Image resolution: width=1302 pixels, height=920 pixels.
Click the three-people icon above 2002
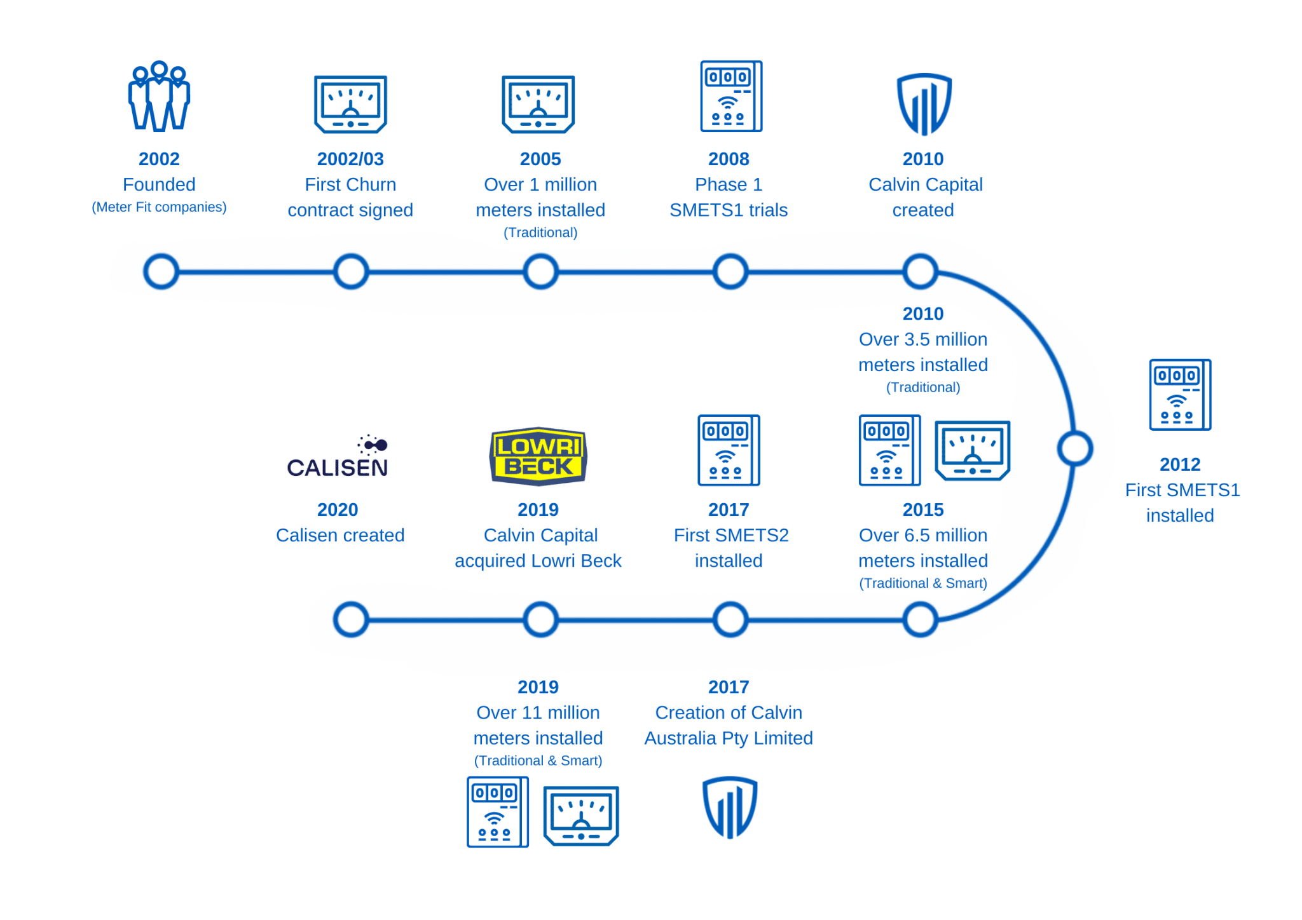159,97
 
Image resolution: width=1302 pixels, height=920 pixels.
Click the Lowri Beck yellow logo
538,456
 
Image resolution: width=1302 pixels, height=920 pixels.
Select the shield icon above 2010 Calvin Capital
924,104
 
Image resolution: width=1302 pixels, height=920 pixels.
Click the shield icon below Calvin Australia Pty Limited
729,807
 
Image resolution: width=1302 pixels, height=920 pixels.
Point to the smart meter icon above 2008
730,97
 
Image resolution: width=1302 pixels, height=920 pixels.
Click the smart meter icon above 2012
1179,395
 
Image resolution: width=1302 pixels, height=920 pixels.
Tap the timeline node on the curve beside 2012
1074,448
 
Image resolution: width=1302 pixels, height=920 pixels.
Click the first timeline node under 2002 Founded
161,272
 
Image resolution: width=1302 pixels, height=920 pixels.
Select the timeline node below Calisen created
351,619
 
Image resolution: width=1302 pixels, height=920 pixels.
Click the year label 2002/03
350,159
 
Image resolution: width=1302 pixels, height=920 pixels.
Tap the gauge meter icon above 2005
538,104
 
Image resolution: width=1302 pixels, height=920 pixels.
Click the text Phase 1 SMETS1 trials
729,197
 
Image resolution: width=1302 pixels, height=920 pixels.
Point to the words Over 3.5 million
922,339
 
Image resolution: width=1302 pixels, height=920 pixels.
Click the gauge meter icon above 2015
972,450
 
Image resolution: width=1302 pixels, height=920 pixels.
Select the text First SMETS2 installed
730,548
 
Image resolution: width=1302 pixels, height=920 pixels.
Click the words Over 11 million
538,713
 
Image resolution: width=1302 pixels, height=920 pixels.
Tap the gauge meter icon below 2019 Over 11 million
580,816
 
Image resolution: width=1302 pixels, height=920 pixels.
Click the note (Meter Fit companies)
159,207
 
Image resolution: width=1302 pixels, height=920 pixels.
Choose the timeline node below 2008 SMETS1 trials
730,272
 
